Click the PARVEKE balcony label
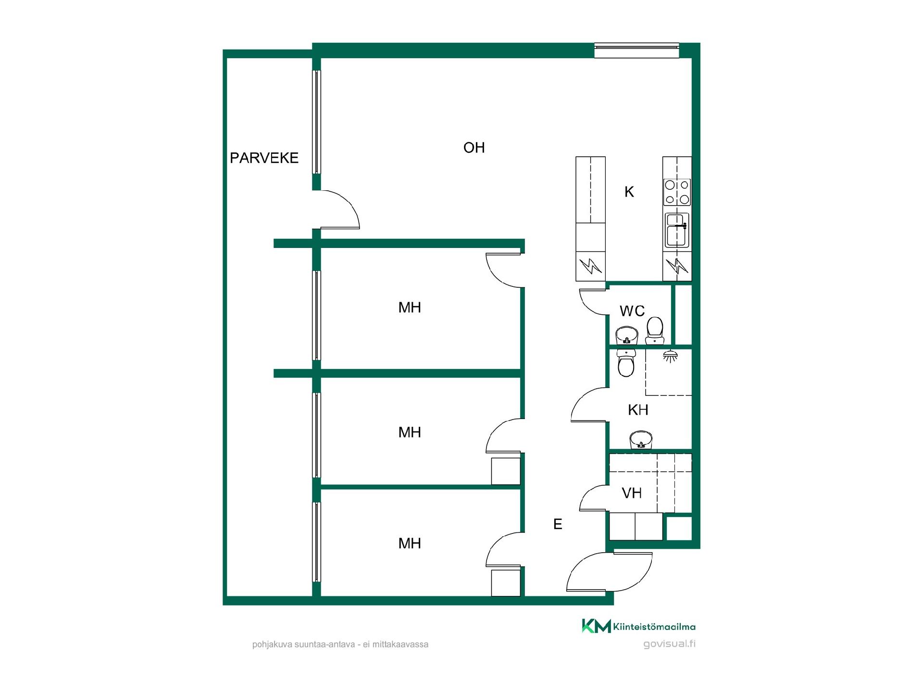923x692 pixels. [264, 158]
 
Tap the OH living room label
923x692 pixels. [474, 148]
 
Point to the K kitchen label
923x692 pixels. [629, 192]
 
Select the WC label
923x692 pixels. [632, 311]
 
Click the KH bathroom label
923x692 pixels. [638, 410]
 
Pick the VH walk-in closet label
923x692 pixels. [632, 493]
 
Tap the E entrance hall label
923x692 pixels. [558, 524]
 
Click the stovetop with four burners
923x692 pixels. [677, 192]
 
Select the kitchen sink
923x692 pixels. [677, 230]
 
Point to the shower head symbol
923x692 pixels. [670, 356]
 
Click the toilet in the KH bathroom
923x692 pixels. [626, 363]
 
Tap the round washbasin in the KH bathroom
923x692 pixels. [641, 440]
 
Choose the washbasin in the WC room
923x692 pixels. [626, 335]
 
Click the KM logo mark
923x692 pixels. [596, 626]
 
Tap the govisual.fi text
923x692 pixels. [669, 644]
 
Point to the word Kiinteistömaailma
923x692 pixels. [654, 627]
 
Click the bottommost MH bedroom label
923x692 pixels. [410, 544]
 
